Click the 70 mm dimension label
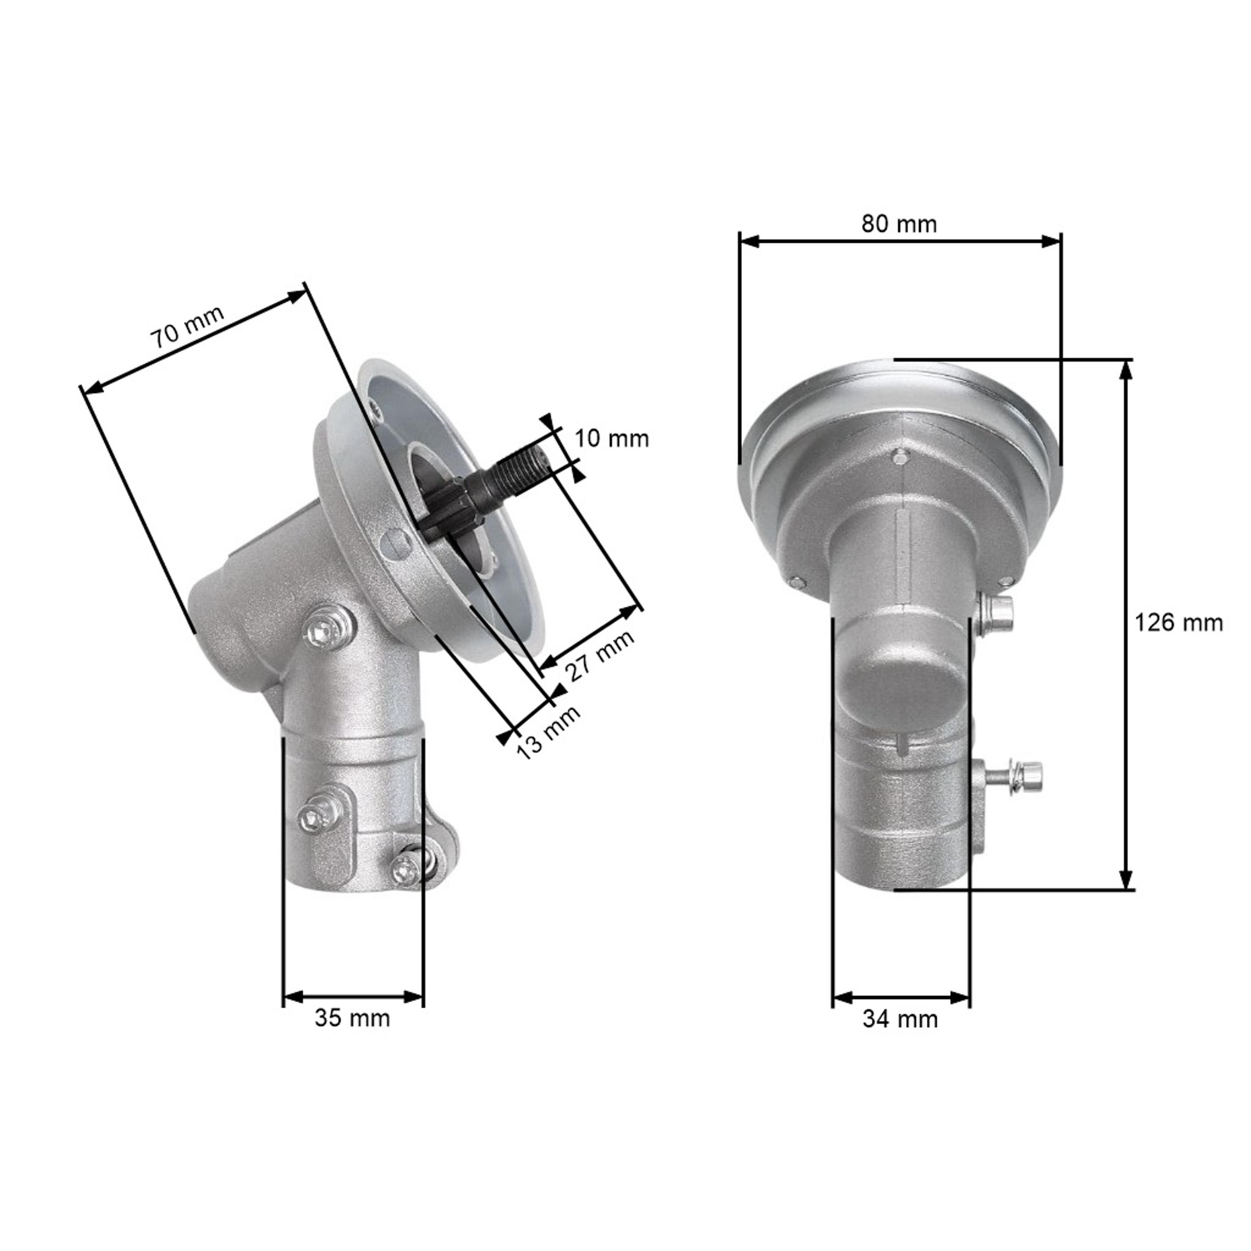click(187, 327)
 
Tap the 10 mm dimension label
click(612, 439)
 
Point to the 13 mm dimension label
click(548, 732)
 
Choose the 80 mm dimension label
click(899, 224)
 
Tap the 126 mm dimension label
click(1178, 623)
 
